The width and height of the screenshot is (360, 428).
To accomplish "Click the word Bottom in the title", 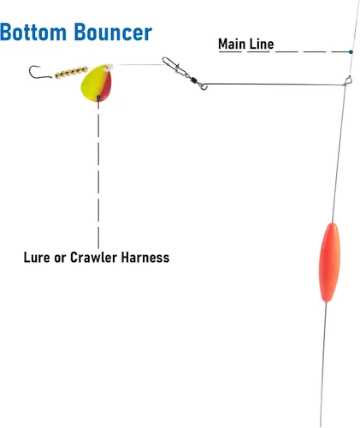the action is tap(33, 33).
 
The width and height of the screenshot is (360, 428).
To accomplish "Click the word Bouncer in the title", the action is tap(113, 33).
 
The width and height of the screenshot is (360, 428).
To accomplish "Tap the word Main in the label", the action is tap(232, 45).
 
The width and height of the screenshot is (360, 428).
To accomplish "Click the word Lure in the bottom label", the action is tap(37, 258).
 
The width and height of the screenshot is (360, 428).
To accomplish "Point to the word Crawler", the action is tap(94, 258).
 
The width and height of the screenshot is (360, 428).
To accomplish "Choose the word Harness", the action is tap(145, 258).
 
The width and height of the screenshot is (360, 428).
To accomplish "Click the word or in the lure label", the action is tap(60, 259).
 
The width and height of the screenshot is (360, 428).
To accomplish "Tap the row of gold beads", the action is tap(72, 72).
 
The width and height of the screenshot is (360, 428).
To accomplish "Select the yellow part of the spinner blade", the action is tap(92, 84).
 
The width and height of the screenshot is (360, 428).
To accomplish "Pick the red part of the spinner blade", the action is tap(106, 86).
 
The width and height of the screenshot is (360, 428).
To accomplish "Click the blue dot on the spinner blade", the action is tap(98, 98).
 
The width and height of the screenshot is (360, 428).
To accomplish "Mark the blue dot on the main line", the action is tap(351, 52).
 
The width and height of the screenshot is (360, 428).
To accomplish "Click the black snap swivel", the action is tap(185, 74).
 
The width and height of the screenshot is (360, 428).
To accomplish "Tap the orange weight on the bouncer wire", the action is tap(329, 263).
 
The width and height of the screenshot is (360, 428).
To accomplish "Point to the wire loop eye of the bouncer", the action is tap(348, 80).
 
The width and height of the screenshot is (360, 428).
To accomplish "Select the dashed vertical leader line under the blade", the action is tap(98, 174).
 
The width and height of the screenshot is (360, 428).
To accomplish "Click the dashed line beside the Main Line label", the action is tap(312, 52).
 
